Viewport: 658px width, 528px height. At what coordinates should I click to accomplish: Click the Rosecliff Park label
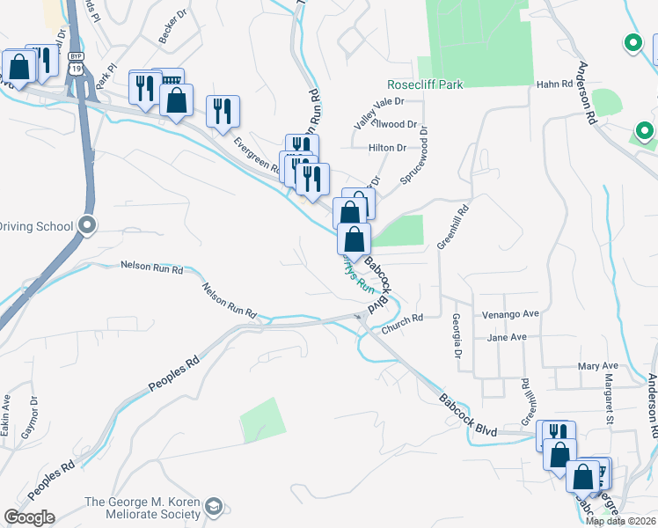point(425,84)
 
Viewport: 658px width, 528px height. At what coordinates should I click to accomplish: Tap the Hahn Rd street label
point(554,84)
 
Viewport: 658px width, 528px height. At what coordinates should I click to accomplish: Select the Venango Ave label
point(510,314)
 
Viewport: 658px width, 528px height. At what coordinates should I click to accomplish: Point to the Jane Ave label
point(507,337)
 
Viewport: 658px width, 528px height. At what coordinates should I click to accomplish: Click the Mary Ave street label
point(598,366)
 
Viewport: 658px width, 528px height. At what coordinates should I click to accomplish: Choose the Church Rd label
point(403,324)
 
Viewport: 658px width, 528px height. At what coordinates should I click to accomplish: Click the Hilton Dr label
point(387,148)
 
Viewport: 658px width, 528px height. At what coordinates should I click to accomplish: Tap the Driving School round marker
point(86,226)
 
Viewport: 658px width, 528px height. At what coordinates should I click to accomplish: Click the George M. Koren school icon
point(214,508)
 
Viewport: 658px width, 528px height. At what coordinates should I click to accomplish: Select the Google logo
point(28,517)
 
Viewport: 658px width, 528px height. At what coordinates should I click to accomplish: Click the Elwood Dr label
point(398,125)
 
